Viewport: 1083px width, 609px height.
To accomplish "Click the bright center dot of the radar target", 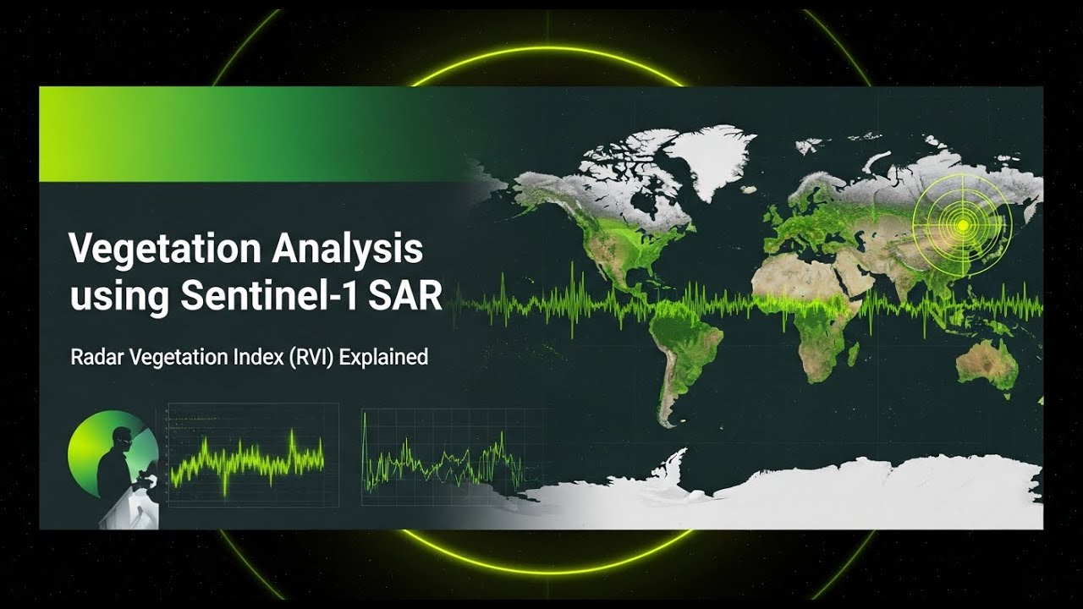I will pyautogui.click(x=962, y=225).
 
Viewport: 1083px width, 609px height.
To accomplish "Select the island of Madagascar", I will pyautogui.click(x=853, y=354).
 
